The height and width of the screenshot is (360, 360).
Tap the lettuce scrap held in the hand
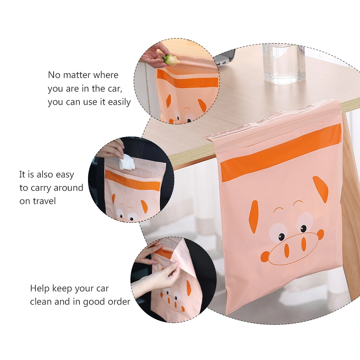171,60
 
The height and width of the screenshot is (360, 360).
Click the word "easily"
119,102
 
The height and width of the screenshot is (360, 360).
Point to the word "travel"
44,201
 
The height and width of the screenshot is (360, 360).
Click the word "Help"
40,289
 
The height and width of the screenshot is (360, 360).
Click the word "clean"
41,302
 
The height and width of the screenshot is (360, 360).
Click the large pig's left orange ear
254,217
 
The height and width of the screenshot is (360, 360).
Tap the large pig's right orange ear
320,189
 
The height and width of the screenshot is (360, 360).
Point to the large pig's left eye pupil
281,237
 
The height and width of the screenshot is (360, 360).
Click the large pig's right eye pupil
304,229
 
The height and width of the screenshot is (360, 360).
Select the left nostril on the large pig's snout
287,251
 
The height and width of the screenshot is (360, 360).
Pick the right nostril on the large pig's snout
304,244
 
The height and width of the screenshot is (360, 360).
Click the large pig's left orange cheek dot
265,257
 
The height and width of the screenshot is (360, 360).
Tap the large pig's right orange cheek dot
320,234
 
